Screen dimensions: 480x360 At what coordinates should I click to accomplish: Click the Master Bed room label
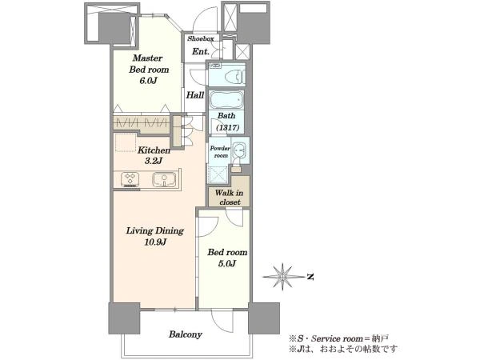click(x=149, y=64)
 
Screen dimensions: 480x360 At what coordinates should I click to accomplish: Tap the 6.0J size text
click(x=149, y=81)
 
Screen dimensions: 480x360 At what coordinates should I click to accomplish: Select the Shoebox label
click(x=201, y=39)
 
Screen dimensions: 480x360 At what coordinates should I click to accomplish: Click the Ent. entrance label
click(x=201, y=51)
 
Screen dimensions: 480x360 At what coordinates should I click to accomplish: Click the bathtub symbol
click(x=226, y=99)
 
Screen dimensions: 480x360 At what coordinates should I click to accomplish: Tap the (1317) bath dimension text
click(x=227, y=127)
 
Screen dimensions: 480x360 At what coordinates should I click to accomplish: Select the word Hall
click(x=195, y=95)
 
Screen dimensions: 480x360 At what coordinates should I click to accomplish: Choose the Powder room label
click(x=220, y=152)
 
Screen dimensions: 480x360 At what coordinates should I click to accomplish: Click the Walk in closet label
click(x=230, y=198)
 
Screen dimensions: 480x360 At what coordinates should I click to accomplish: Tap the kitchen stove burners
click(x=130, y=178)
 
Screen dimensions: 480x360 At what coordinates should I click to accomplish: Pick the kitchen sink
click(x=164, y=179)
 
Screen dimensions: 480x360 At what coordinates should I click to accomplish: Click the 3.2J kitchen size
click(x=153, y=161)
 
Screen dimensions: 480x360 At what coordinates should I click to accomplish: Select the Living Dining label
click(x=155, y=231)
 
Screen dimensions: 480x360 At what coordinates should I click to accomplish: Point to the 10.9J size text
click(x=155, y=242)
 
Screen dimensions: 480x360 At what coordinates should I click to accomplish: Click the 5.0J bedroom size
click(x=227, y=264)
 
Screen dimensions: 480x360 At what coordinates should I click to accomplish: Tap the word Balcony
click(x=186, y=334)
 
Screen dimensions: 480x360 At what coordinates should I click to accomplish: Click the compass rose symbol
click(x=282, y=277)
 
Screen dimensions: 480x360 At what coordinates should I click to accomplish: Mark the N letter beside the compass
click(x=310, y=277)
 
